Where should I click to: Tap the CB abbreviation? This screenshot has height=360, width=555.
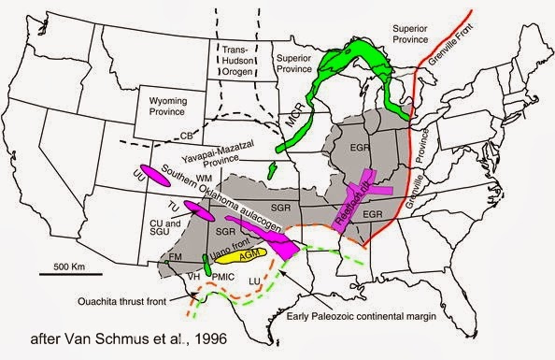pyautogui.click(x=174, y=136)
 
